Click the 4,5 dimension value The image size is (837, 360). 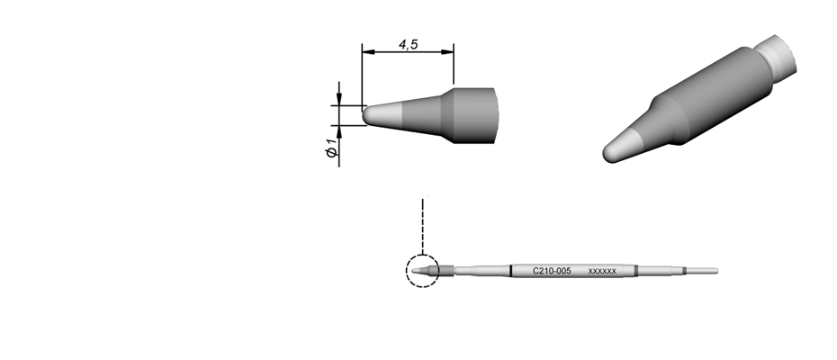pyautogui.click(x=408, y=45)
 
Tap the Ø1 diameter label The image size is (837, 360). pyautogui.click(x=331, y=148)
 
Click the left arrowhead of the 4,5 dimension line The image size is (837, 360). pyautogui.click(x=368, y=52)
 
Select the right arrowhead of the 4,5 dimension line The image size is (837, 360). pyautogui.click(x=447, y=52)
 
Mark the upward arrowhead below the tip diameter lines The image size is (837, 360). pyautogui.click(x=339, y=131)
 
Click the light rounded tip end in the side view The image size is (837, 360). pyautogui.click(x=382, y=115)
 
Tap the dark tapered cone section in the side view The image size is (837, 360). pyautogui.click(x=422, y=116)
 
